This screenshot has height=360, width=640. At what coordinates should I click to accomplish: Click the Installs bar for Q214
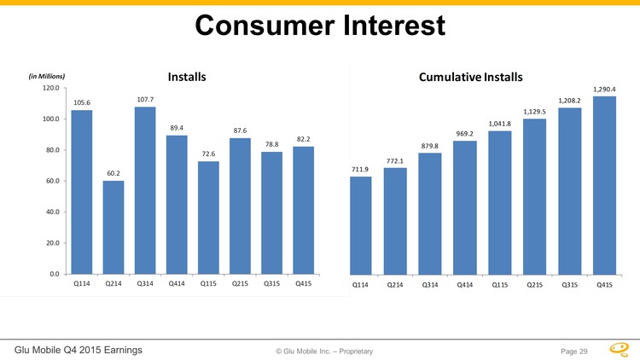tap(113, 227)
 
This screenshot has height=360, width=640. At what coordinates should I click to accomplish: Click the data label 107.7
tap(145, 100)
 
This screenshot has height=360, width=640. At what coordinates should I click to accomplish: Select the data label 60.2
tap(113, 174)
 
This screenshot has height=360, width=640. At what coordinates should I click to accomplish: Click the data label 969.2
tap(465, 134)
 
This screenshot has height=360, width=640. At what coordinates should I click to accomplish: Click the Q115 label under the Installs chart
tap(208, 283)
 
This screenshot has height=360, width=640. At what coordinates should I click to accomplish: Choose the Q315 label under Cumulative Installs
tap(569, 285)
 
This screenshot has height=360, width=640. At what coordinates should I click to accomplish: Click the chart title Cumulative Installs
tap(470, 78)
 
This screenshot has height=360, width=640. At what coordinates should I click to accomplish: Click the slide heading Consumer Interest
tap(320, 26)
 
